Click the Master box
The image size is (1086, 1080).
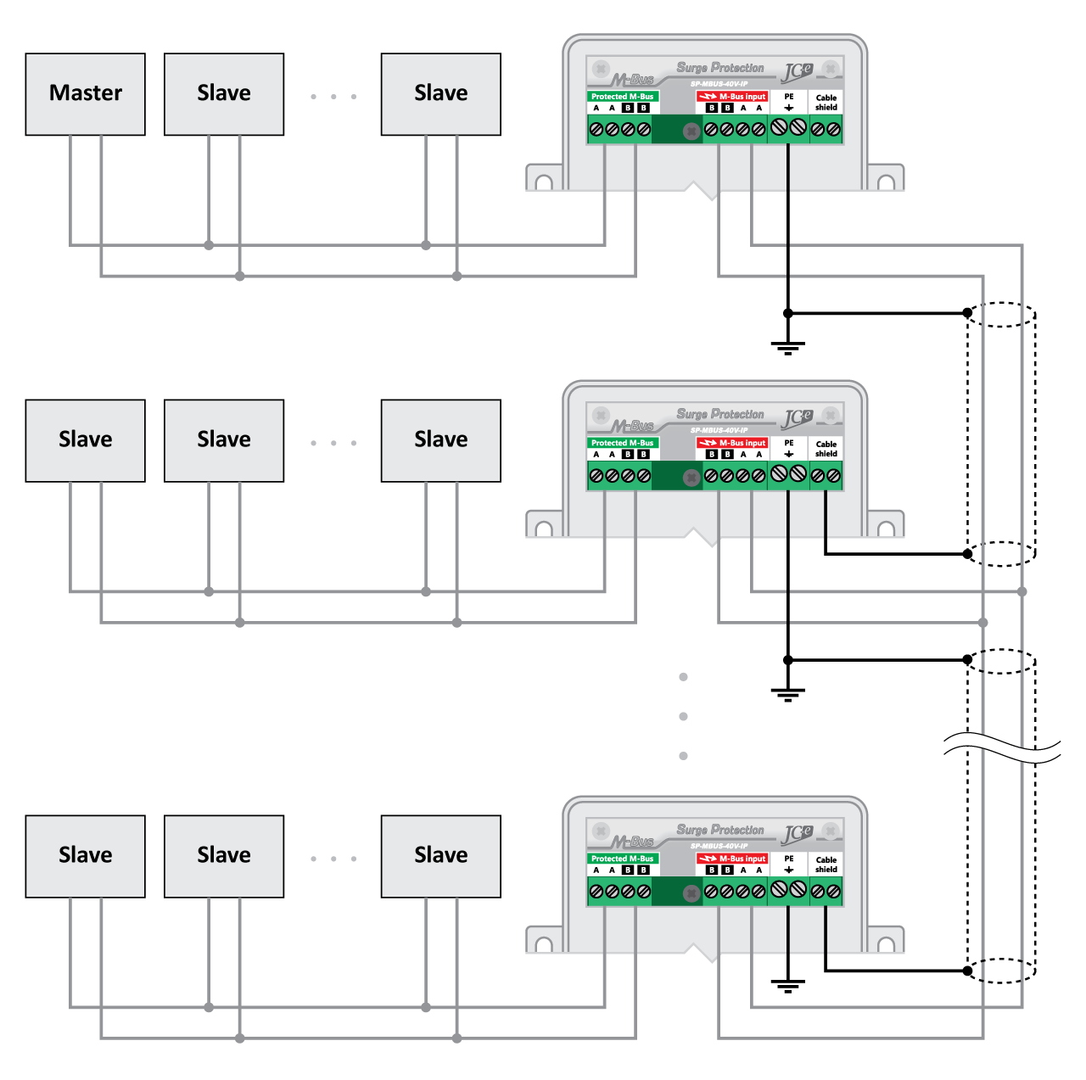(x=85, y=94)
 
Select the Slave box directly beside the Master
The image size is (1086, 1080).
(x=224, y=94)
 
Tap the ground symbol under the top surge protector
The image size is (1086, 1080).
(x=788, y=346)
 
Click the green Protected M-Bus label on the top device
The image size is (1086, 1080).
(x=622, y=97)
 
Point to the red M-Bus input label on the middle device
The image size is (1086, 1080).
(x=732, y=443)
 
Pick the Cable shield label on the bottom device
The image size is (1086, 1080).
(x=826, y=865)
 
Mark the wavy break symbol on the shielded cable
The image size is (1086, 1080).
(x=1002, y=748)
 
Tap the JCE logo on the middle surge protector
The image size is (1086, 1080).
(x=798, y=418)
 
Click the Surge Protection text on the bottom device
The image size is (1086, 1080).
(x=720, y=830)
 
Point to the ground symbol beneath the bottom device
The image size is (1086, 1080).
(x=788, y=985)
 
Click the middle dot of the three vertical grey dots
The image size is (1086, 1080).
(x=683, y=716)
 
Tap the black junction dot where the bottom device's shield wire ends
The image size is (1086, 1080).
(x=967, y=971)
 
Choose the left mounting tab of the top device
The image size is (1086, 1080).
(x=544, y=179)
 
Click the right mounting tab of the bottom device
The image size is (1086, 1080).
(x=886, y=941)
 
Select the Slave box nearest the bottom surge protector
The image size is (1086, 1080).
(x=440, y=856)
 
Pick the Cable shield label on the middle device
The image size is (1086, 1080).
(x=826, y=449)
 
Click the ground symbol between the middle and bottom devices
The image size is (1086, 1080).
(x=788, y=694)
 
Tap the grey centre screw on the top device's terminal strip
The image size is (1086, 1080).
(x=691, y=132)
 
